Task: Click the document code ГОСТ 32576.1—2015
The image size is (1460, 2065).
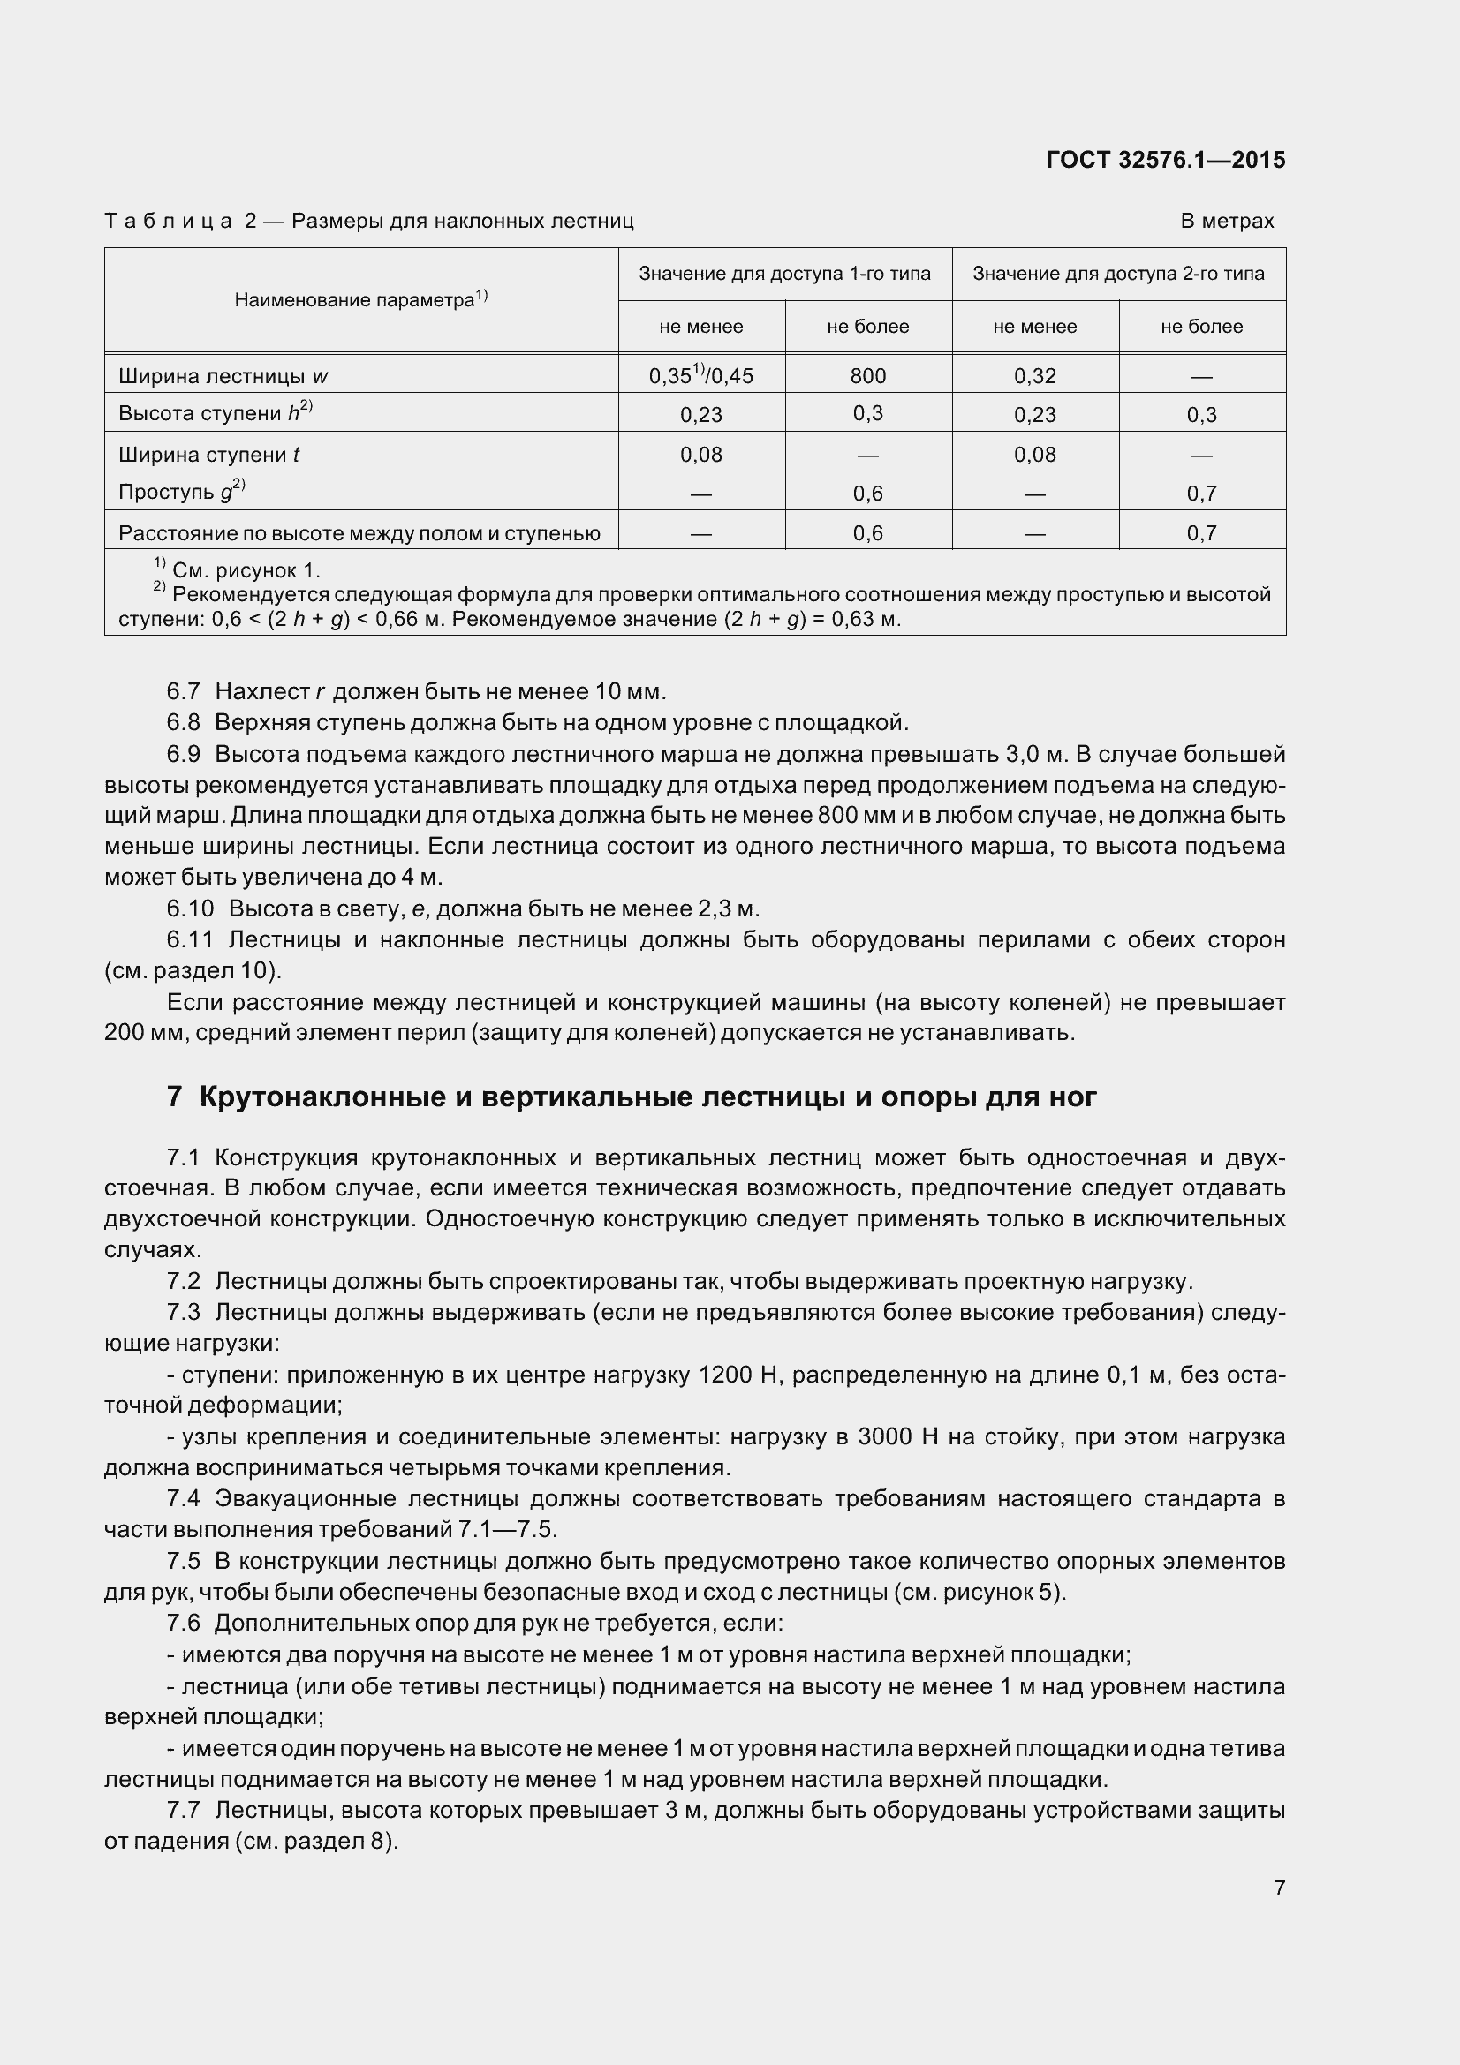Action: click(1166, 160)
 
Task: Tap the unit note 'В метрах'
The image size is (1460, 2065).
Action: click(1227, 222)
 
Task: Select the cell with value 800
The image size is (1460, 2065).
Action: click(868, 376)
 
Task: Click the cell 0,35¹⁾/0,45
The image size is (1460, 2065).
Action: click(700, 376)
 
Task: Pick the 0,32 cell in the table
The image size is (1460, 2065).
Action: click(1034, 376)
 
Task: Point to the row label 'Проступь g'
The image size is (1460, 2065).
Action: click(181, 492)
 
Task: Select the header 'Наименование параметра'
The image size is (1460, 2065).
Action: click(359, 300)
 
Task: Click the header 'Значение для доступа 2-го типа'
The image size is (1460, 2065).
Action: click(1118, 274)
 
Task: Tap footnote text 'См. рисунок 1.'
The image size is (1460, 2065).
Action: click(246, 570)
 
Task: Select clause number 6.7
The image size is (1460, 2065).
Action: click(183, 691)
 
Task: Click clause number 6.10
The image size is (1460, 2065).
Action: click(190, 908)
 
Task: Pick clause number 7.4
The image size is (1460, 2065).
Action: click(183, 1498)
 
